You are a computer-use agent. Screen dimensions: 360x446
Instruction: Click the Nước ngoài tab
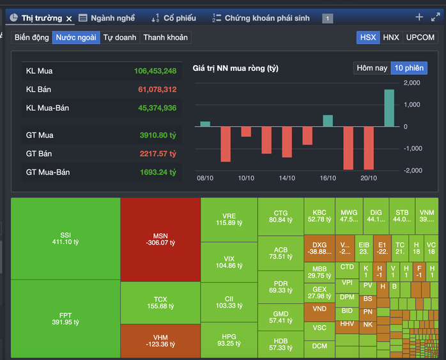(x=76, y=37)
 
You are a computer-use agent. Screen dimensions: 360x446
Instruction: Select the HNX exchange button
(x=390, y=37)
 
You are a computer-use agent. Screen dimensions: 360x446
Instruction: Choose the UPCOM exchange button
(x=420, y=37)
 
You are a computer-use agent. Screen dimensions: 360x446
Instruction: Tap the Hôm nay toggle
(x=372, y=68)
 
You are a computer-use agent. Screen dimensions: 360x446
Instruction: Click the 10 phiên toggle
(x=409, y=68)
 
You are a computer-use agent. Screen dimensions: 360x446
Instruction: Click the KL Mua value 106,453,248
(x=155, y=71)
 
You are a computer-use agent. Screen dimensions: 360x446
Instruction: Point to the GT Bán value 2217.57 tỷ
(x=157, y=153)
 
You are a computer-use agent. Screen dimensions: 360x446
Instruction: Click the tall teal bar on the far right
(x=388, y=108)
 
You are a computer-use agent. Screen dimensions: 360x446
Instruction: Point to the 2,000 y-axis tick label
(x=411, y=83)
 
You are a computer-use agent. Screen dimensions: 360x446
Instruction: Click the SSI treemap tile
(x=65, y=239)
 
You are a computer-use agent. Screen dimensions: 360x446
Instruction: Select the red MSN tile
(x=160, y=239)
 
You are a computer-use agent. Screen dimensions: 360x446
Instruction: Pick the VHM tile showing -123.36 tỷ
(x=160, y=341)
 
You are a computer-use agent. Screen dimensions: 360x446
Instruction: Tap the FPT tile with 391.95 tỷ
(x=65, y=318)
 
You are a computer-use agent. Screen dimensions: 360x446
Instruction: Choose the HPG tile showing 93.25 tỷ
(x=229, y=340)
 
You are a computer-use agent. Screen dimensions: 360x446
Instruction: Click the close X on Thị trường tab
(x=69, y=19)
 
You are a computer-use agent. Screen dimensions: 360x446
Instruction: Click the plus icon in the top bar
(x=419, y=17)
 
